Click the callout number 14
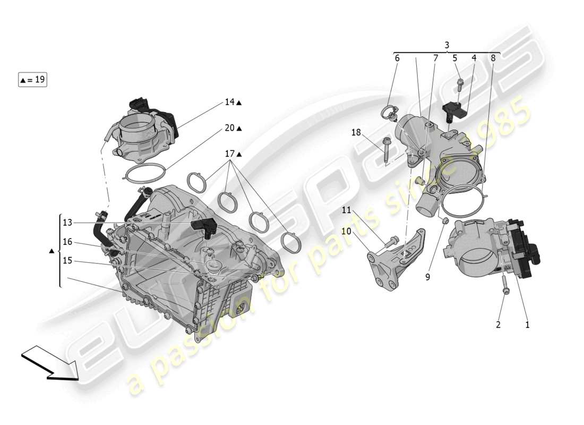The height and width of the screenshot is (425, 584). pyautogui.click(x=229, y=102)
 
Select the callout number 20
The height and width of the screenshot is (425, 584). pyautogui.click(x=229, y=128)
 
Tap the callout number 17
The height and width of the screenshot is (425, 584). pyautogui.click(x=229, y=154)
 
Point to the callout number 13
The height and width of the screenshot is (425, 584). pyautogui.click(x=67, y=223)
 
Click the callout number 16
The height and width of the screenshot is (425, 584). pyautogui.click(x=67, y=242)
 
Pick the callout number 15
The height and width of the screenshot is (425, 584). pyautogui.click(x=67, y=261)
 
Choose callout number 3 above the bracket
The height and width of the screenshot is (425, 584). pyautogui.click(x=447, y=45)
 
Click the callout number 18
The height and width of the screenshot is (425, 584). pyautogui.click(x=355, y=132)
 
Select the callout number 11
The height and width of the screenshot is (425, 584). pyautogui.click(x=346, y=210)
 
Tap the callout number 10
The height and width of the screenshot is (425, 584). pyautogui.click(x=346, y=231)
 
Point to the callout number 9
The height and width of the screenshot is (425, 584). pyautogui.click(x=428, y=277)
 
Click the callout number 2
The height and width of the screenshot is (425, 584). pyautogui.click(x=498, y=325)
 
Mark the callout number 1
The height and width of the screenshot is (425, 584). pyautogui.click(x=527, y=325)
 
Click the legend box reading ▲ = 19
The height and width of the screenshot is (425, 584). pyautogui.click(x=33, y=80)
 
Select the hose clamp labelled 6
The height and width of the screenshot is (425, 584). pyautogui.click(x=388, y=113)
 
